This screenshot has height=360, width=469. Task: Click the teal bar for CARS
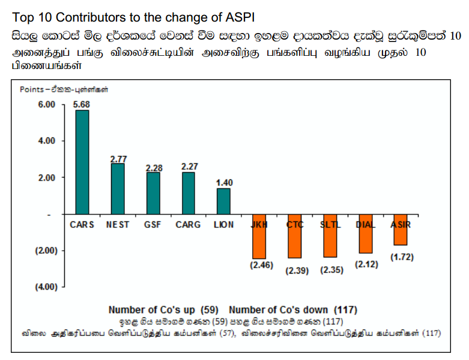coord(82,162)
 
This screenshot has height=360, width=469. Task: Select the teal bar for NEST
coord(118,188)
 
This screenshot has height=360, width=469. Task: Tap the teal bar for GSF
coord(153,193)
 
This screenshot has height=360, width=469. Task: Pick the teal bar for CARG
coord(189,193)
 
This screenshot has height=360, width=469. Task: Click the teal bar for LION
coord(223,201)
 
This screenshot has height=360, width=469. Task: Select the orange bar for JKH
coord(259,236)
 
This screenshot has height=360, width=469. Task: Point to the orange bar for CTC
coord(294,236)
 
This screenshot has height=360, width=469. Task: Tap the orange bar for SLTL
coord(330,235)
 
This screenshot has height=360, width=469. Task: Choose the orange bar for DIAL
coord(365,233)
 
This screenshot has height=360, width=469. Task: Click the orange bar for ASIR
coord(401,230)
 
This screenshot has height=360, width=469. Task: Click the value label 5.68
coord(82,104)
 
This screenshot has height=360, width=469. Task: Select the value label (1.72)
coord(402,257)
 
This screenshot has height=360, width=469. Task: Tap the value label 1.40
coord(224,182)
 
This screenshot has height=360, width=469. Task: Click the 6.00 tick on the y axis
coord(47,104)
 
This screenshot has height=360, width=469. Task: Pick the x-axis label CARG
coord(188,225)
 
